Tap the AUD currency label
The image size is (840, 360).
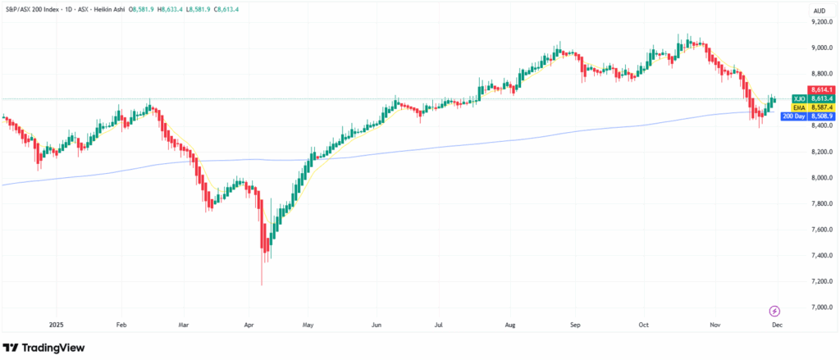coord(818,10)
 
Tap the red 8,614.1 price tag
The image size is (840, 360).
coord(820,89)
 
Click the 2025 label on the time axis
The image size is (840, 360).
coord(57,324)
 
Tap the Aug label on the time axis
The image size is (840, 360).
coord(511,324)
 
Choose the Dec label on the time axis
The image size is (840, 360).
coord(776,324)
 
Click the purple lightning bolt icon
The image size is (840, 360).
coord(775,311)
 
